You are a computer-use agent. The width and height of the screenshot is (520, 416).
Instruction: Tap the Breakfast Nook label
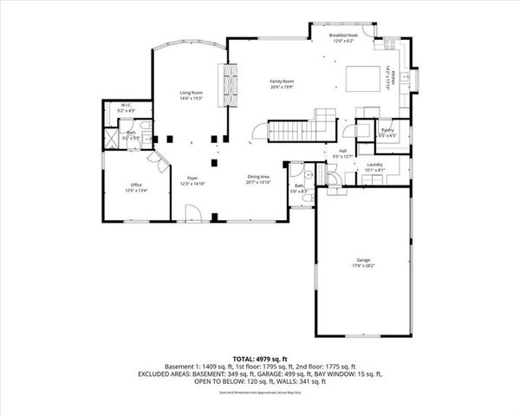point(345,36)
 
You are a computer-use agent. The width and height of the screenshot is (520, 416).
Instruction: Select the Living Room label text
point(191,93)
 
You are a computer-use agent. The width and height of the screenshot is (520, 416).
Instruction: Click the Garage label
point(362,260)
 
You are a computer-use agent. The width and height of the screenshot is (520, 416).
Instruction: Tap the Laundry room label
point(374,164)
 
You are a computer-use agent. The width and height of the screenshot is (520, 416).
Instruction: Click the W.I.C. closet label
point(123,107)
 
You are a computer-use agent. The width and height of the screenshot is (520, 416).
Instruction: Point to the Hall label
point(342,151)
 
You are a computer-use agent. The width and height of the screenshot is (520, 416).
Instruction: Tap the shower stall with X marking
point(111,136)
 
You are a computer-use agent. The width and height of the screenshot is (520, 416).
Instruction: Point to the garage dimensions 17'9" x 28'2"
point(362,266)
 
